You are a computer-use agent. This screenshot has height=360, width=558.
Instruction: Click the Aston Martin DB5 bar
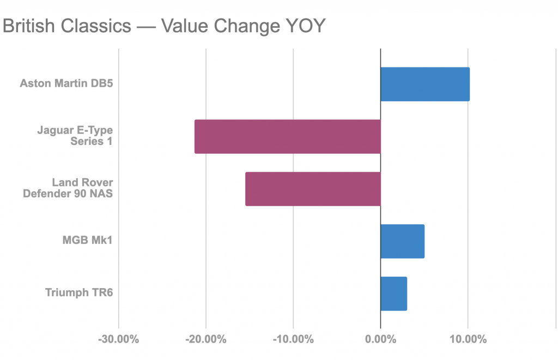click(x=425, y=84)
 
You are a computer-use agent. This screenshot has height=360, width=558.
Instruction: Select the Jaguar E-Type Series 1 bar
click(x=287, y=137)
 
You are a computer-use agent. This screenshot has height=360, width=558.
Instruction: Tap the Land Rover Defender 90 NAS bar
click(x=313, y=189)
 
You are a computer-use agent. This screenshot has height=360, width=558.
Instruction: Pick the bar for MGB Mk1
click(x=402, y=241)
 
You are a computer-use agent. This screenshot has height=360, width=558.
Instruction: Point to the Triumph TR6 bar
click(x=393, y=294)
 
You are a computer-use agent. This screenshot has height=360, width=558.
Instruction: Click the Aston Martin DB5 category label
click(x=66, y=84)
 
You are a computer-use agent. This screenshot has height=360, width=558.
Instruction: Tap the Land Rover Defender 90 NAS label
click(x=68, y=188)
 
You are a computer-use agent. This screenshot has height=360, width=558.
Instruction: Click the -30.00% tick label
click(x=119, y=340)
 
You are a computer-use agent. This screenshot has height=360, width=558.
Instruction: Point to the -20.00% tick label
click(x=206, y=340)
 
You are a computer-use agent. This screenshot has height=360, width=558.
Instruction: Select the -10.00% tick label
click(x=293, y=340)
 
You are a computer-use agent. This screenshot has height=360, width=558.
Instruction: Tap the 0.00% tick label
click(x=380, y=340)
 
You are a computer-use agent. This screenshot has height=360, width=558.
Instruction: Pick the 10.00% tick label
click(x=468, y=340)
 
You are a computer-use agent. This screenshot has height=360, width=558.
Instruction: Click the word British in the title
click(x=29, y=27)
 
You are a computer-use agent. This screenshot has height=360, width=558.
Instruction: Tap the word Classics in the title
click(x=95, y=27)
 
